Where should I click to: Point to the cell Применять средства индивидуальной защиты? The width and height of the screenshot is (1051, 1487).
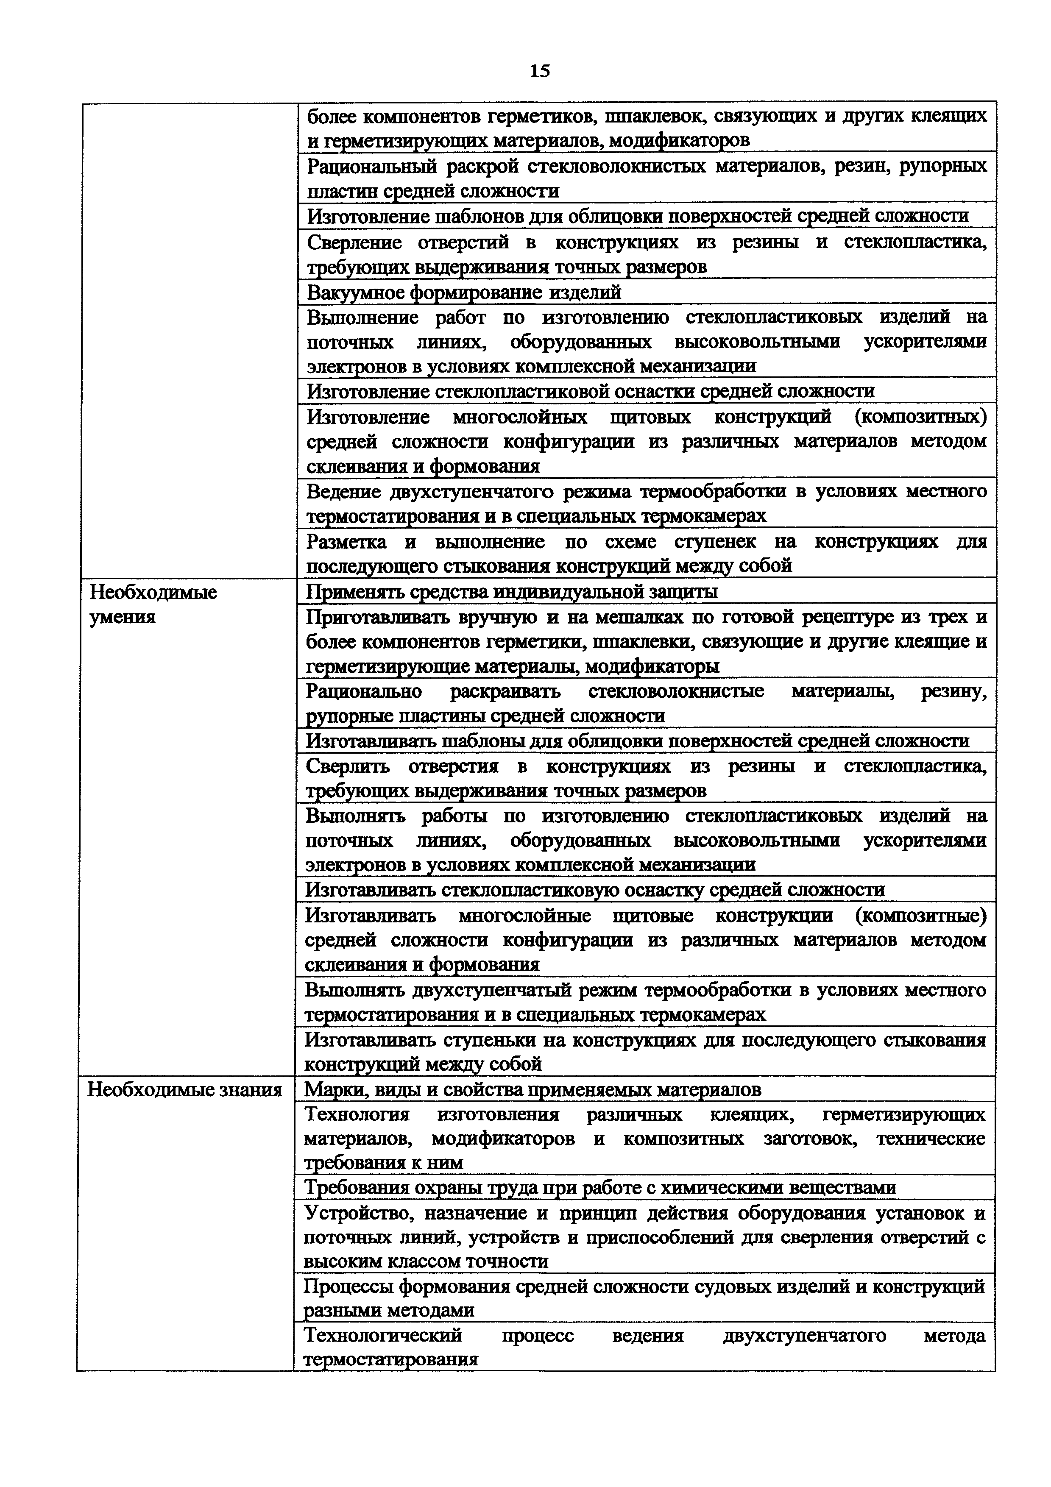(x=512, y=592)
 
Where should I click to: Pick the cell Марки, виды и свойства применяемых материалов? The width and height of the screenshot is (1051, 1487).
(x=532, y=1090)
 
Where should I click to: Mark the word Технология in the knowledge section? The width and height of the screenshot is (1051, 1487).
(x=357, y=1114)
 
